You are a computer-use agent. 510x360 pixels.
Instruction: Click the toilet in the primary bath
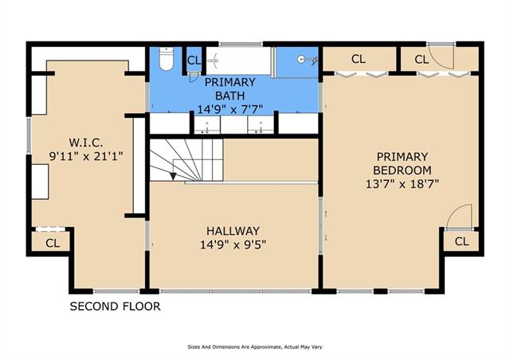[167, 58]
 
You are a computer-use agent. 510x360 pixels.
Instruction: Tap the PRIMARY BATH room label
[229, 88]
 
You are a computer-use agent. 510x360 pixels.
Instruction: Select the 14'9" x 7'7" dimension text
[229, 109]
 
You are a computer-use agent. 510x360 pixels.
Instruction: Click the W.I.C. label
[86, 143]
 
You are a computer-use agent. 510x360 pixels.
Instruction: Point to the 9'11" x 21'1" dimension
[86, 156]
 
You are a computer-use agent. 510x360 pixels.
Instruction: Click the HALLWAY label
[233, 231]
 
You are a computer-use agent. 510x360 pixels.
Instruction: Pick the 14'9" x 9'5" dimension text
[233, 245]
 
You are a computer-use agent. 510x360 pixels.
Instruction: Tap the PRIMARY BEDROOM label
[402, 163]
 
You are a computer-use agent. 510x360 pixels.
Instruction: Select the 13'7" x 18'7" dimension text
[402, 184]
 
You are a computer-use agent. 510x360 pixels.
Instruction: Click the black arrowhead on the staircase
[173, 176]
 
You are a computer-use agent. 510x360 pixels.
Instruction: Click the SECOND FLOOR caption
[115, 307]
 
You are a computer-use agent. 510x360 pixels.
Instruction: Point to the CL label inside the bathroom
[194, 61]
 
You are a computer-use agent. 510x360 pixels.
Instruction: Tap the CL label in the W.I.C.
[53, 243]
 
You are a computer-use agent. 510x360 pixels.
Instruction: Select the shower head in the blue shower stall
[306, 60]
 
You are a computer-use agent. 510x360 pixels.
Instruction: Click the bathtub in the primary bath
[238, 61]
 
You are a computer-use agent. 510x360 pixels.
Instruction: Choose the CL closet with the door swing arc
[422, 60]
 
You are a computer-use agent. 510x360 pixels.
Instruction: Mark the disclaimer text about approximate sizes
[255, 347]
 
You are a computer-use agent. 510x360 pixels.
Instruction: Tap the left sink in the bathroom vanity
[207, 126]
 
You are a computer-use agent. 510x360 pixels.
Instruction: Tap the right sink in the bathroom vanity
[261, 126]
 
